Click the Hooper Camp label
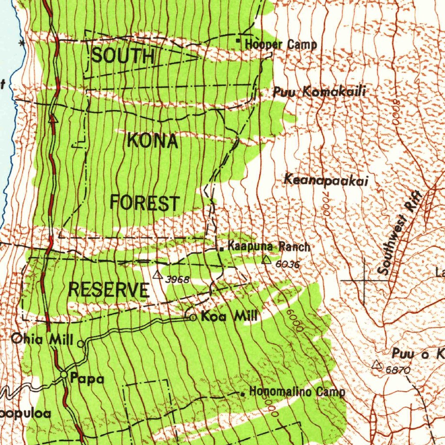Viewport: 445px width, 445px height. coord(281,44)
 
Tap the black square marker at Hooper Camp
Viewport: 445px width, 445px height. coord(238,41)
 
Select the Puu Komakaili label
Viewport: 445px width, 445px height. coord(319,92)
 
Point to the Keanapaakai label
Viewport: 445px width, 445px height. coord(326,179)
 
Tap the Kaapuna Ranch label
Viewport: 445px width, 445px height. coord(269,247)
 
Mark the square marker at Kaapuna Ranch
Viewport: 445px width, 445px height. coord(222,249)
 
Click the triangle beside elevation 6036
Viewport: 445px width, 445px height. coord(266,260)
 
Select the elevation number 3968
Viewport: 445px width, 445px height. coord(177,279)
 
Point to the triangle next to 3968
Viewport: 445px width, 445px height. coord(158,275)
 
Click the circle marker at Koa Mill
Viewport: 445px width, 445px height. coord(193,318)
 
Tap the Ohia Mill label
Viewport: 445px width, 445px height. coord(42,339)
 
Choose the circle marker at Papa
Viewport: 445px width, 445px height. coord(64,374)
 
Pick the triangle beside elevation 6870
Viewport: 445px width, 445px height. coord(376,365)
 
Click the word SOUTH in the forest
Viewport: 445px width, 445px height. coord(123,56)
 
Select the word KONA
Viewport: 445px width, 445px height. coord(153,141)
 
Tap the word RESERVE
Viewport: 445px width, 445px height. coord(109,290)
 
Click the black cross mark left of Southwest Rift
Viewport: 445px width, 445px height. coord(364,280)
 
